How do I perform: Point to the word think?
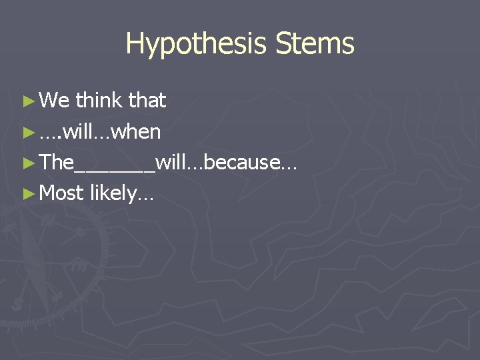tap(99, 101)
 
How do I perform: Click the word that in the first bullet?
tap(147, 101)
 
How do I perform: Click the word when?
tap(137, 132)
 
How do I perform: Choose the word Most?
tap(61, 193)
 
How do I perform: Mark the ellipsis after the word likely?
tap(146, 198)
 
